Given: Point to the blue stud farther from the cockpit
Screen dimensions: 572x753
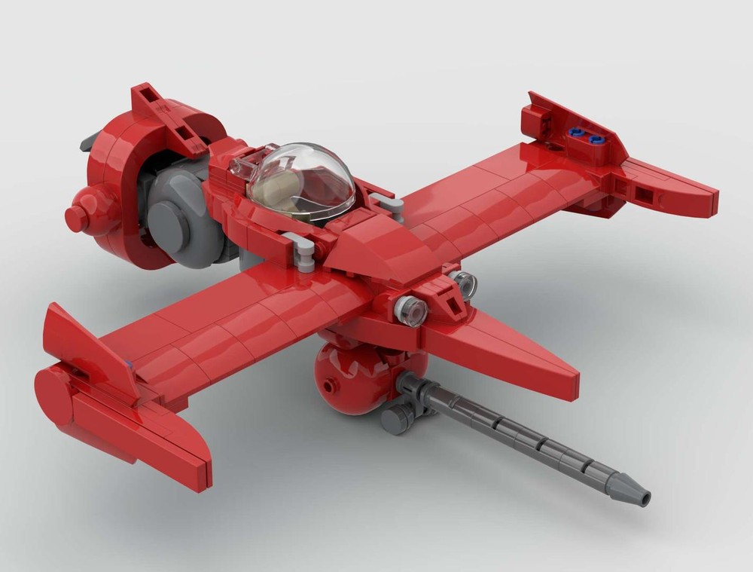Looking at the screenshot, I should [599, 139].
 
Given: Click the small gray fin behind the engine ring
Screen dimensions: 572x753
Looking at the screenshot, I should [90, 139].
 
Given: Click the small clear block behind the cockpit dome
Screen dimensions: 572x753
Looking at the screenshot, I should [240, 169].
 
